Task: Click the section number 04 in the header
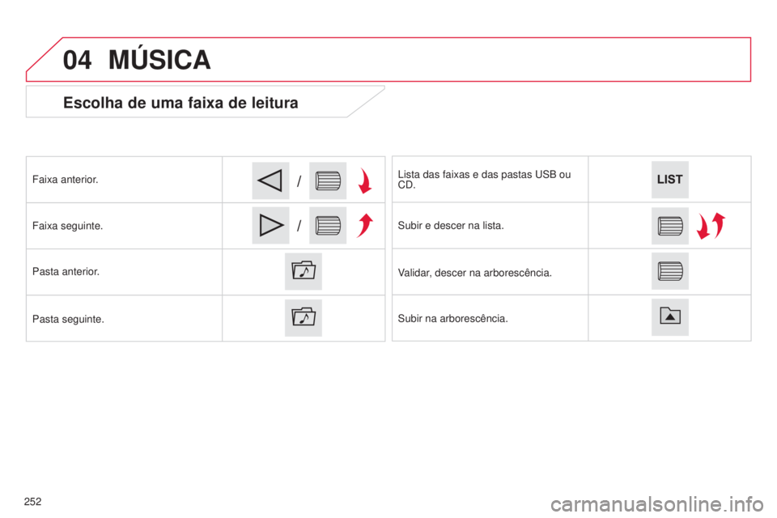77,60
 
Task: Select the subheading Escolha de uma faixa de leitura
180,103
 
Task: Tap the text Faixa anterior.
65,180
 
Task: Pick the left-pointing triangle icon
270,180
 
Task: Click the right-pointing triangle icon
270,226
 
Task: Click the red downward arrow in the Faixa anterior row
365,180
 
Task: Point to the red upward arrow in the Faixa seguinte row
365,225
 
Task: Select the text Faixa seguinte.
67,226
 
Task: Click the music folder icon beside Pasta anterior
304,271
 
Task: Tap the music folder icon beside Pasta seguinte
304,318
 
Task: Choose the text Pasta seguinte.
68,319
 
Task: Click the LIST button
669,180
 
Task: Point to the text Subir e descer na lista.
451,226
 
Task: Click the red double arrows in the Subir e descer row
711,226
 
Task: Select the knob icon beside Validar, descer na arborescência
670,271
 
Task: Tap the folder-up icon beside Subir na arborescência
670,317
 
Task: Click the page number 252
32,502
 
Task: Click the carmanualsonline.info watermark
657,504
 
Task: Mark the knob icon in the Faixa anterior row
328,180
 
